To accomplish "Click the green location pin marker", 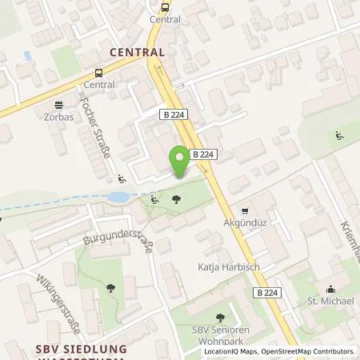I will point(181,161).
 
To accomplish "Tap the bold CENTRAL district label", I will point(137,52).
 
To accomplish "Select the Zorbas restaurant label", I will point(59,117).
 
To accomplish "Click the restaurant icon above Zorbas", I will point(58,104).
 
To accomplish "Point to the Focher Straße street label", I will point(95,128).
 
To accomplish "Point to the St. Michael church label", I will point(329,302).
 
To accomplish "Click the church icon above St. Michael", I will point(329,290).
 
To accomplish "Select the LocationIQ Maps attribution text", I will point(230,351).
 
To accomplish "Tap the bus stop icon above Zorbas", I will point(86,73).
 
